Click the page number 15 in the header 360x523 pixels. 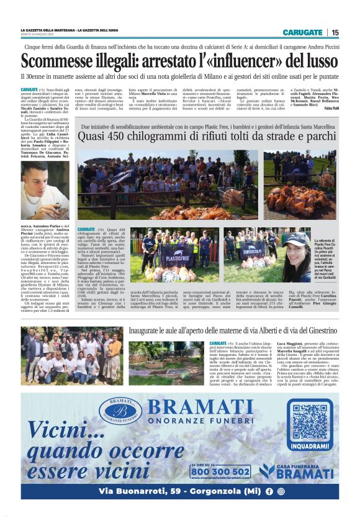335,32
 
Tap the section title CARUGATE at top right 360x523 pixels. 302,32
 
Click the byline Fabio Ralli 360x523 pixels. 327,109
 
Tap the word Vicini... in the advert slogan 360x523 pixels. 61,429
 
